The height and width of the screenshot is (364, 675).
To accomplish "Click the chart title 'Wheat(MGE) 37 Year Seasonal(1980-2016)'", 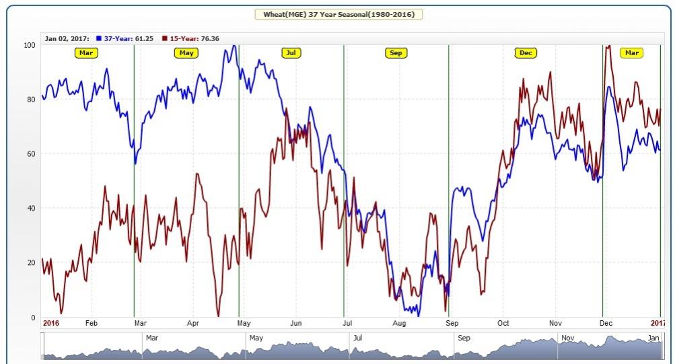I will click(x=339, y=13).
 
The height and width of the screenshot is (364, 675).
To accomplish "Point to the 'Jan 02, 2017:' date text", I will click(x=67, y=38).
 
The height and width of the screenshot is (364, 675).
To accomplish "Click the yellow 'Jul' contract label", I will click(x=291, y=52).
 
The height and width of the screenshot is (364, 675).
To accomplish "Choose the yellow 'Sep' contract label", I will click(x=396, y=52).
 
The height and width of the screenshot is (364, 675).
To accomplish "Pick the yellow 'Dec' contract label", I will click(x=525, y=52).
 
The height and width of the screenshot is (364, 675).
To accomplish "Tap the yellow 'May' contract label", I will click(x=186, y=52).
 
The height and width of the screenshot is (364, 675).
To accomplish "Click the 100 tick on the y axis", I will click(x=29, y=45).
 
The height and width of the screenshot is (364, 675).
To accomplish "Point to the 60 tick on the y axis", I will click(x=31, y=154).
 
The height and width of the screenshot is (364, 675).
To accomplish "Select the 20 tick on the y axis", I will click(x=31, y=262).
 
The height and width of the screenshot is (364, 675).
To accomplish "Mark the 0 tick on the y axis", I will click(x=33, y=317).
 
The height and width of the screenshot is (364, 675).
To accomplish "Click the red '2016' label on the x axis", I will click(x=51, y=324).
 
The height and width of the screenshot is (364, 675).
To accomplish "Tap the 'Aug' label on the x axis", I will click(x=399, y=324).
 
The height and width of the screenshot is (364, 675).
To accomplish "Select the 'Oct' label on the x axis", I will click(x=503, y=324).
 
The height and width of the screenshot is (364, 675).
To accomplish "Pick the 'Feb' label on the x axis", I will click(x=92, y=324).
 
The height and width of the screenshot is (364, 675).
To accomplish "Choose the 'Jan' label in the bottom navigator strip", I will click(x=653, y=338).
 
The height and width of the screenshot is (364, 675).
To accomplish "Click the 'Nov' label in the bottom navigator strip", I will click(x=568, y=338).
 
